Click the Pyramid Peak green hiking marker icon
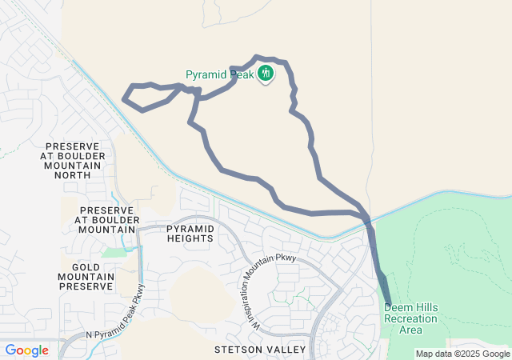click(x=266, y=74)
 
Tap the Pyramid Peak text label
click(x=219, y=75)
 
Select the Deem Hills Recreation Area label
click(x=410, y=318)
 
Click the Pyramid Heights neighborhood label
click(x=190, y=234)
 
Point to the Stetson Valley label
click(x=260, y=350)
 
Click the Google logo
click(x=26, y=350)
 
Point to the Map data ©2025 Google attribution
click(x=462, y=354)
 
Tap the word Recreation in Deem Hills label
click(x=410, y=318)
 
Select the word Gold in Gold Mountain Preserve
click(x=86, y=266)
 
